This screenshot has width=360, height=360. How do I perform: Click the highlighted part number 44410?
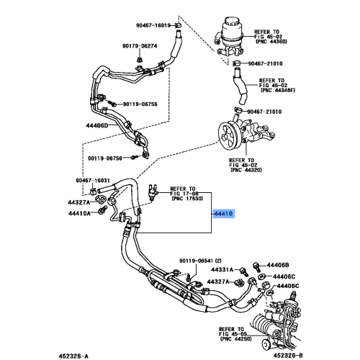tap(223, 214)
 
